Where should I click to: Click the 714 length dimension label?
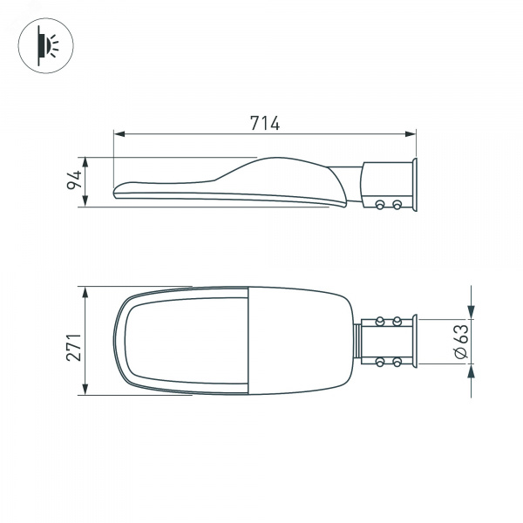[265, 123]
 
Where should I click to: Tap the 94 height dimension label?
[74, 180]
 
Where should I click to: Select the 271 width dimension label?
[74, 347]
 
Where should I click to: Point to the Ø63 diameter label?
[462, 341]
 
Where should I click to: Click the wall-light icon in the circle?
[47, 45]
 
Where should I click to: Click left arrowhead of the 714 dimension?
[119, 134]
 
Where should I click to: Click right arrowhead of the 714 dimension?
[411, 134]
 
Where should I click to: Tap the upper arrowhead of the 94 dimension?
[85, 163]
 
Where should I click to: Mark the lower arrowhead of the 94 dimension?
[85, 200]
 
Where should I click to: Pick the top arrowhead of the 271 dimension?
[85, 292]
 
